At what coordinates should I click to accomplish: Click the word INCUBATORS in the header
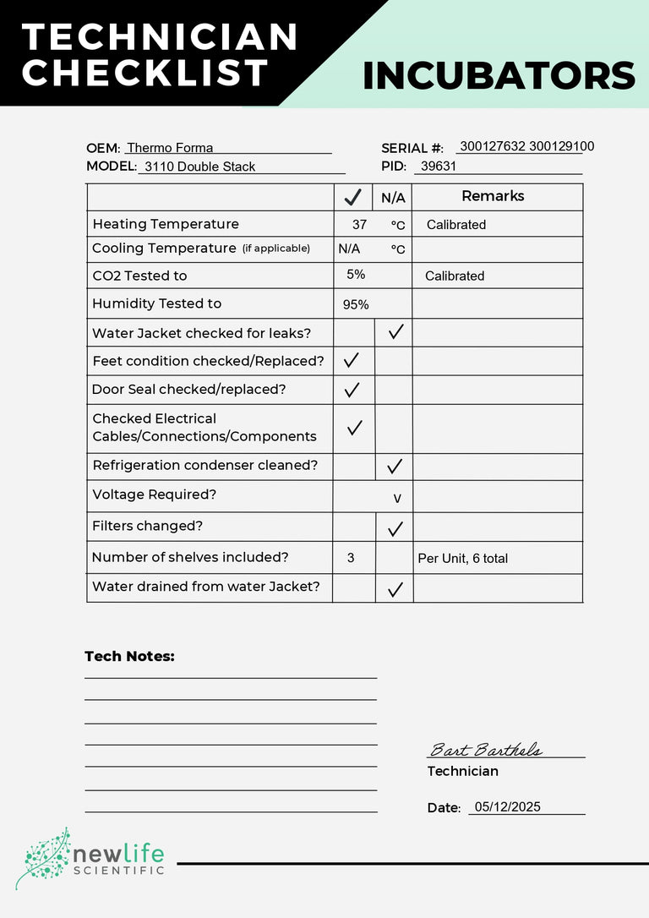[x=499, y=76]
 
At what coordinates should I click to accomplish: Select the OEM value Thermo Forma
[x=170, y=148]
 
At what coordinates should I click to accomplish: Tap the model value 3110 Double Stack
[x=199, y=167]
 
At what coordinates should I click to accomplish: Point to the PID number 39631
[x=438, y=167]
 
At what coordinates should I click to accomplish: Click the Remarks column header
[x=493, y=196]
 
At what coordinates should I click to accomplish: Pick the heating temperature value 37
[x=359, y=225]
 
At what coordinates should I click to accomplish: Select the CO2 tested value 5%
[x=356, y=275]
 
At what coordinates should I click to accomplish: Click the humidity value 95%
[x=356, y=304]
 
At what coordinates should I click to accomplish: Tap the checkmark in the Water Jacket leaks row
[x=395, y=332]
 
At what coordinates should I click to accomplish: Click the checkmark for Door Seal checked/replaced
[x=352, y=390]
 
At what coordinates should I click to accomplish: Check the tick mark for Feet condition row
[x=352, y=361]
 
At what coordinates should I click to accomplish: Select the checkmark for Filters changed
[x=395, y=529]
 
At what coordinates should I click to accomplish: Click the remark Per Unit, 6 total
[x=463, y=558]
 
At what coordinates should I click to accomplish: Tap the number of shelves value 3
[x=351, y=558]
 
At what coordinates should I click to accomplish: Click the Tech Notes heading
[x=129, y=656]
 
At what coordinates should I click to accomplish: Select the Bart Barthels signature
[x=486, y=750]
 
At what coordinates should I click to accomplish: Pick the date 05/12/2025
[x=507, y=806]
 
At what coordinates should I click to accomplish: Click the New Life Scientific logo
[x=91, y=859]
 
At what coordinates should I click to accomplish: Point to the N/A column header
[x=393, y=199]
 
